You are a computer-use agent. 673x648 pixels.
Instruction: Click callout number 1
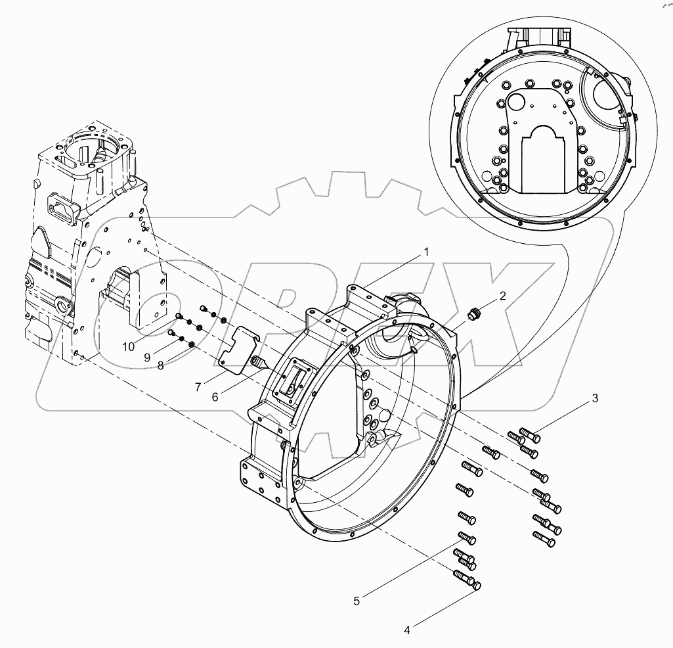[x=426, y=252]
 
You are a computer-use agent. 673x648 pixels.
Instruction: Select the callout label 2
[x=502, y=296]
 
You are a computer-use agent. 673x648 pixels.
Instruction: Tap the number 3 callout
[x=596, y=398]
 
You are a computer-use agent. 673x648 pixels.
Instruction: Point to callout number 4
[x=407, y=630]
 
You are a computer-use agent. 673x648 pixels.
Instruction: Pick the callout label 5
[x=357, y=600]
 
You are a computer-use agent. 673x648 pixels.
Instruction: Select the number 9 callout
[x=148, y=357]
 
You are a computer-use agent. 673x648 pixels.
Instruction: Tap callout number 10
[x=127, y=346]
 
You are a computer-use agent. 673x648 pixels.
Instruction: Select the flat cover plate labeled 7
[x=240, y=344]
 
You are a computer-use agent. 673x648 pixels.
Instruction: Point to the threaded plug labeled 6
[x=259, y=361]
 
